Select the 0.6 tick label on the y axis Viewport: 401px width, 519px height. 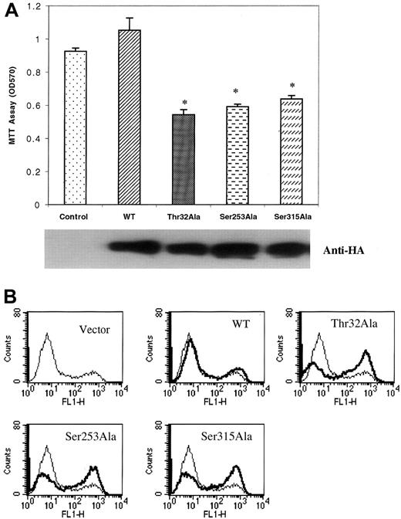(36, 106)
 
